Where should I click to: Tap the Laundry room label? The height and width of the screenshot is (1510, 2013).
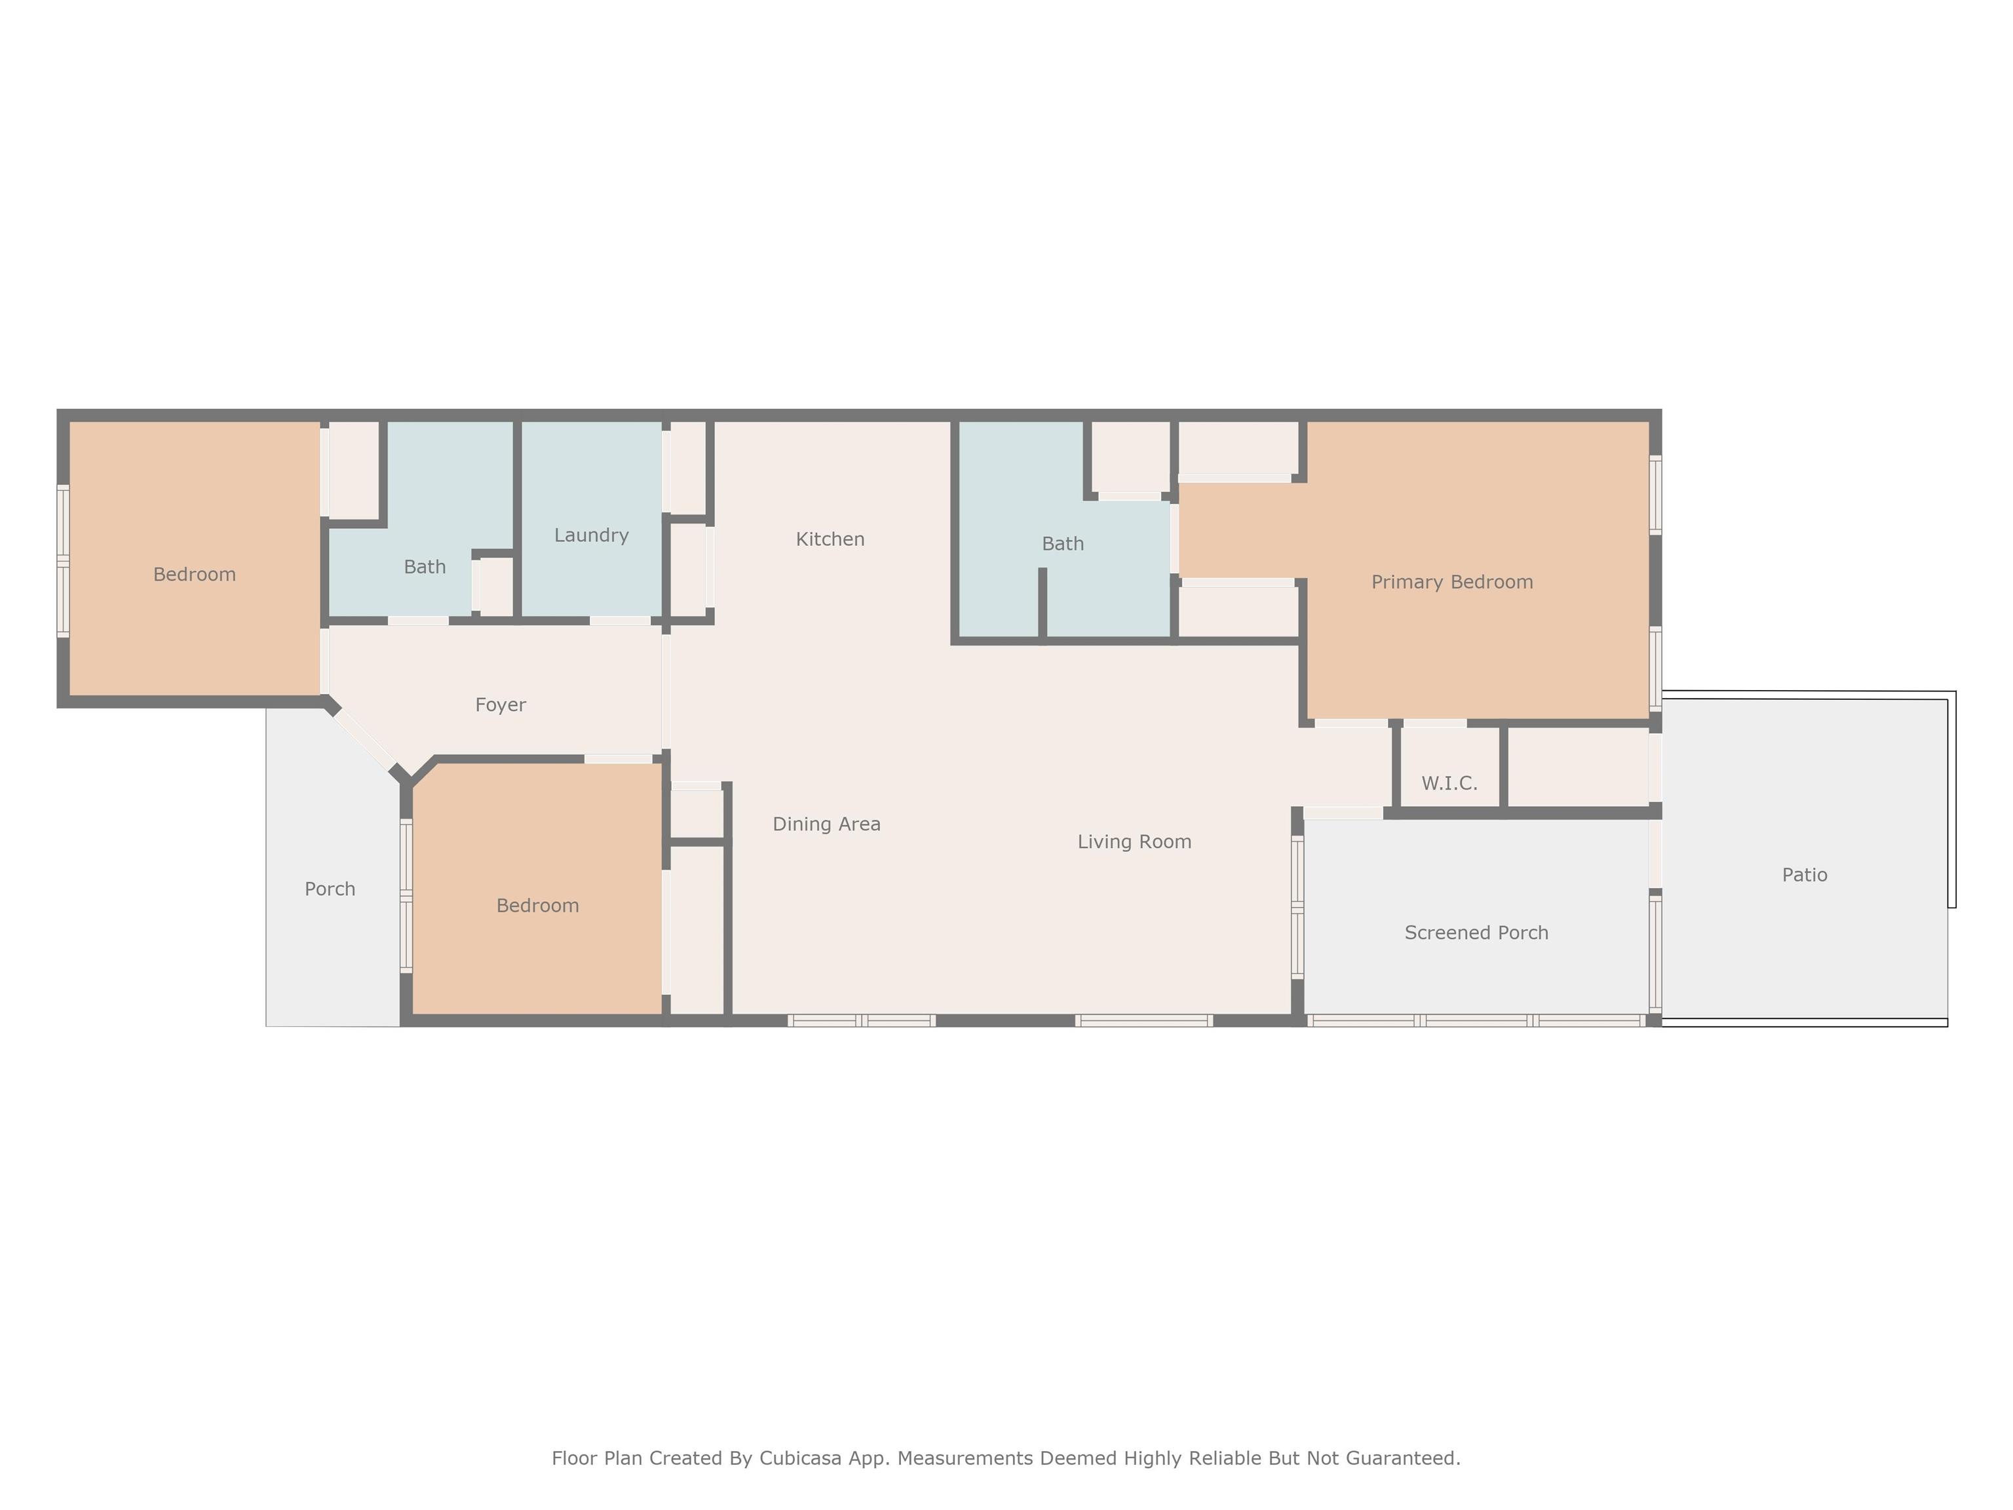592,535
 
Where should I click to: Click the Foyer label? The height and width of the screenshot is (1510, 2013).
501,705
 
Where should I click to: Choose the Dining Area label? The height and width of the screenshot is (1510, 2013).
826,824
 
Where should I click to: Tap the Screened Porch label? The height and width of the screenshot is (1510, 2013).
1476,933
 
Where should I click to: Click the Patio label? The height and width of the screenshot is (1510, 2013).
1804,875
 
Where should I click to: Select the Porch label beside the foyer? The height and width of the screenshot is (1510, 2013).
330,889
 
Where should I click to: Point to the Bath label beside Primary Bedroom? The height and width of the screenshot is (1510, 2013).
1062,544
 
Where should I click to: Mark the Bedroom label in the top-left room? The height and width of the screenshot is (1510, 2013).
194,574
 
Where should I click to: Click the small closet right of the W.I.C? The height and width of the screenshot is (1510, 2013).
1579,768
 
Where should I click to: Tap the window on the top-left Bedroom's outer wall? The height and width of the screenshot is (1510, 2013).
63,560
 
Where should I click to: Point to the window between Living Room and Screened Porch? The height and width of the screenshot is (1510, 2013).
1297,908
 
